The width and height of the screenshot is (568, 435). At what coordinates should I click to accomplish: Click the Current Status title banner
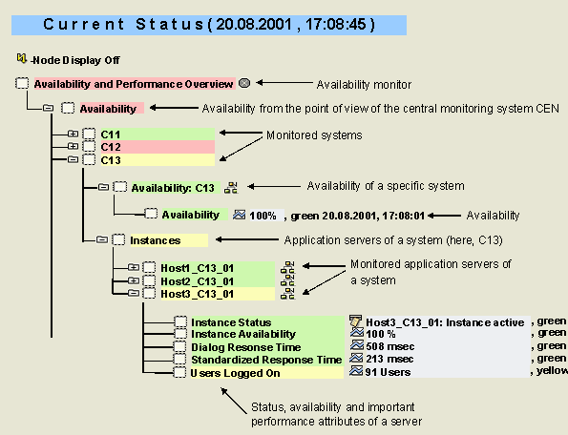coord(209,25)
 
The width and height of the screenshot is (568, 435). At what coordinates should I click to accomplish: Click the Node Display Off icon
coord(21,58)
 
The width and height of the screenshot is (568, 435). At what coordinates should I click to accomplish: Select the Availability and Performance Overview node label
coord(135,84)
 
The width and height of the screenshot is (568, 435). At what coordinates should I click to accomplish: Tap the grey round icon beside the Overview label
coord(245,83)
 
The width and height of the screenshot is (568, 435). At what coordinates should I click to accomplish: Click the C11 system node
coord(158,135)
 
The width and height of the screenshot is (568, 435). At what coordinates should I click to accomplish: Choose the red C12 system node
coord(158,147)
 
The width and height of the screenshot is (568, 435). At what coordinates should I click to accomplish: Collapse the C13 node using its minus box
coord(73,159)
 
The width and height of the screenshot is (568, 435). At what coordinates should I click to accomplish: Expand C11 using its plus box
coord(73,134)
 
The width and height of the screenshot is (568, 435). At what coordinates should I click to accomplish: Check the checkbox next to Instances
coord(118,239)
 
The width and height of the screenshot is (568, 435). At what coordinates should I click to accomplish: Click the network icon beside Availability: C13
coord(231,188)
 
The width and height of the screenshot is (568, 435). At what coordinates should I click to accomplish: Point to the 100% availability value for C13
coord(263,216)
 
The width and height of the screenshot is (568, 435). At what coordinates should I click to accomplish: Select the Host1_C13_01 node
coord(218,268)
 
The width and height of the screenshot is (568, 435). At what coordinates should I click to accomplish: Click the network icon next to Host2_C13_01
coord(288,280)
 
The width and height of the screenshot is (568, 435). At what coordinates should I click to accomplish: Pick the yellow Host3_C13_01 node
coord(218,294)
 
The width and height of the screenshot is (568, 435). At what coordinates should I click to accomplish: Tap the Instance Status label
coord(231,322)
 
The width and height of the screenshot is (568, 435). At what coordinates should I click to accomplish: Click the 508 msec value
coord(389,346)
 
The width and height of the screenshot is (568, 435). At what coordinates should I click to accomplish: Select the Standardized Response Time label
coord(266,360)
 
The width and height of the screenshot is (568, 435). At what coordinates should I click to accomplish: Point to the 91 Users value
coord(388,372)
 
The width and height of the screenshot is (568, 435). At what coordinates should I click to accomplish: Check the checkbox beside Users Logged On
coord(179,372)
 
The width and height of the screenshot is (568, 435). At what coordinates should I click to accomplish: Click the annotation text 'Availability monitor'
coord(364,85)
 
